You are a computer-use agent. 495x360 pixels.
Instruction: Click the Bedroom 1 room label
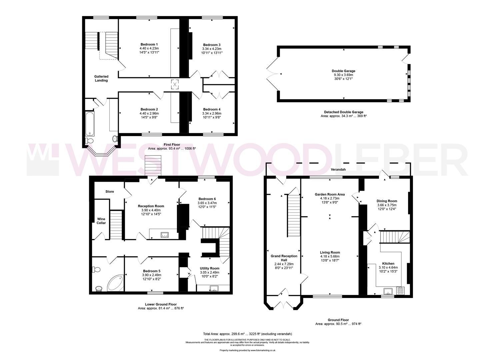click(149, 45)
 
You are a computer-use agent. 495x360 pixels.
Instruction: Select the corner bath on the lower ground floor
click(115, 283)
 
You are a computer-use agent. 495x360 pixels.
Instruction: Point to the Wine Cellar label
click(101, 221)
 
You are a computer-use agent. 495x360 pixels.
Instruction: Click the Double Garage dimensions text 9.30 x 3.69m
click(343, 75)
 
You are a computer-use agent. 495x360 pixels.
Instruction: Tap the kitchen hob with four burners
click(400, 291)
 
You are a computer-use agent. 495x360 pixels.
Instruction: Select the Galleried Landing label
click(101, 78)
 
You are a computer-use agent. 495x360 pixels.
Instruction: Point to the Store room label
click(110, 192)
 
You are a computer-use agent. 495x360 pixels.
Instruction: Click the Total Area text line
click(247, 334)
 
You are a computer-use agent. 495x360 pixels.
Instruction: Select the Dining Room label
click(387, 201)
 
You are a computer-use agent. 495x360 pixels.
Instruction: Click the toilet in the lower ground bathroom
click(96, 269)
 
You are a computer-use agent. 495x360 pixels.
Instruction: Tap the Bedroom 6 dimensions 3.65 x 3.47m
click(207, 203)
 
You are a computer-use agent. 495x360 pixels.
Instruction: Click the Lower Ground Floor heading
click(161, 304)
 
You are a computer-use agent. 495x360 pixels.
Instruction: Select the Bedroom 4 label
click(212, 109)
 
